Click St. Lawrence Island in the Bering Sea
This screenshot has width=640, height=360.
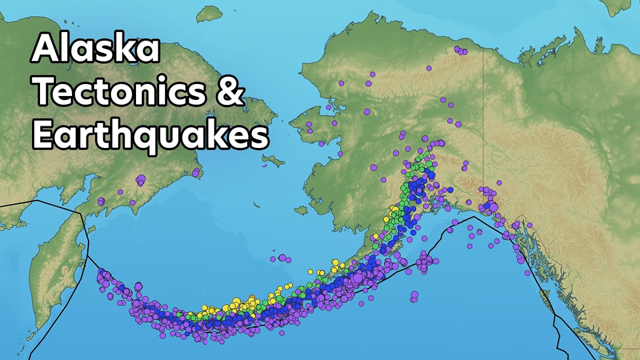(x=273, y=160)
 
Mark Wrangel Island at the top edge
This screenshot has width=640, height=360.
(x=209, y=13)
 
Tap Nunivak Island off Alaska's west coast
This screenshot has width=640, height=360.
(x=300, y=210)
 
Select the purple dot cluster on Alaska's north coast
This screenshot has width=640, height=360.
(x=460, y=50)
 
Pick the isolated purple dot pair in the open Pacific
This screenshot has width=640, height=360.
(x=414, y=296)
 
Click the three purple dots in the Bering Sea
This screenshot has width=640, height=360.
(x=281, y=258)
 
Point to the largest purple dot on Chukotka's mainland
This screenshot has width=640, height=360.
(x=140, y=179)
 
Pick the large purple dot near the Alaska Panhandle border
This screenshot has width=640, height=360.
(x=493, y=206)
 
